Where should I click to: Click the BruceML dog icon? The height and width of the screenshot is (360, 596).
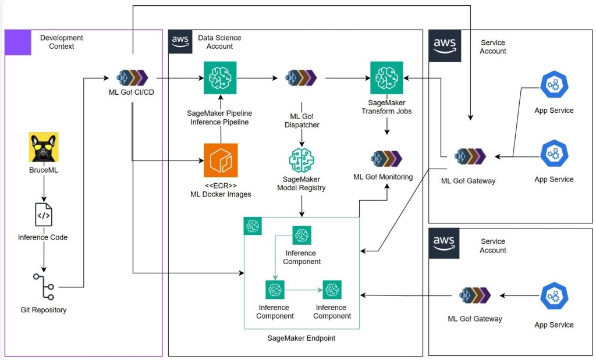tap(44, 147)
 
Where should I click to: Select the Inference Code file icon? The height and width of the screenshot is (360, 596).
tap(43, 215)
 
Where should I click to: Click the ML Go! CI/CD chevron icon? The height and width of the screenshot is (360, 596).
tap(132, 77)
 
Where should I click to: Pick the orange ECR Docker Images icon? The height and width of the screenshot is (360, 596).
tap(221, 160)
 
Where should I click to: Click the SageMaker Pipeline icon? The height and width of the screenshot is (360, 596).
tap(221, 77)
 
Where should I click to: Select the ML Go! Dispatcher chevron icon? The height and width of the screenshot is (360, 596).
tap(301, 77)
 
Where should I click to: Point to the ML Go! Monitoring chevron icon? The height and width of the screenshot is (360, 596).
tap(386, 158)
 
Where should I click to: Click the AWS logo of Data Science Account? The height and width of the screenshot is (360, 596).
tap(180, 42)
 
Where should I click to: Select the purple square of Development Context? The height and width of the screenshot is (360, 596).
tap(18, 42)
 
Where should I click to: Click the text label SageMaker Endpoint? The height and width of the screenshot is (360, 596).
tap(301, 338)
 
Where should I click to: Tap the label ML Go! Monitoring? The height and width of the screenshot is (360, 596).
tap(382, 177)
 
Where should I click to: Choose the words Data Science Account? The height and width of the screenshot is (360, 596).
tap(219, 42)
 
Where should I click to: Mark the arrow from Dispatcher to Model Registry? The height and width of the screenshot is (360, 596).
tap(301, 138)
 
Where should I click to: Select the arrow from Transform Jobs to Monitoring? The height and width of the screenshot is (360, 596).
tap(386, 126)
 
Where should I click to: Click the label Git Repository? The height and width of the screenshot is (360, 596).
tap(44, 310)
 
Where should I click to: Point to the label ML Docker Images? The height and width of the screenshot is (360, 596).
tap(221, 194)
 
